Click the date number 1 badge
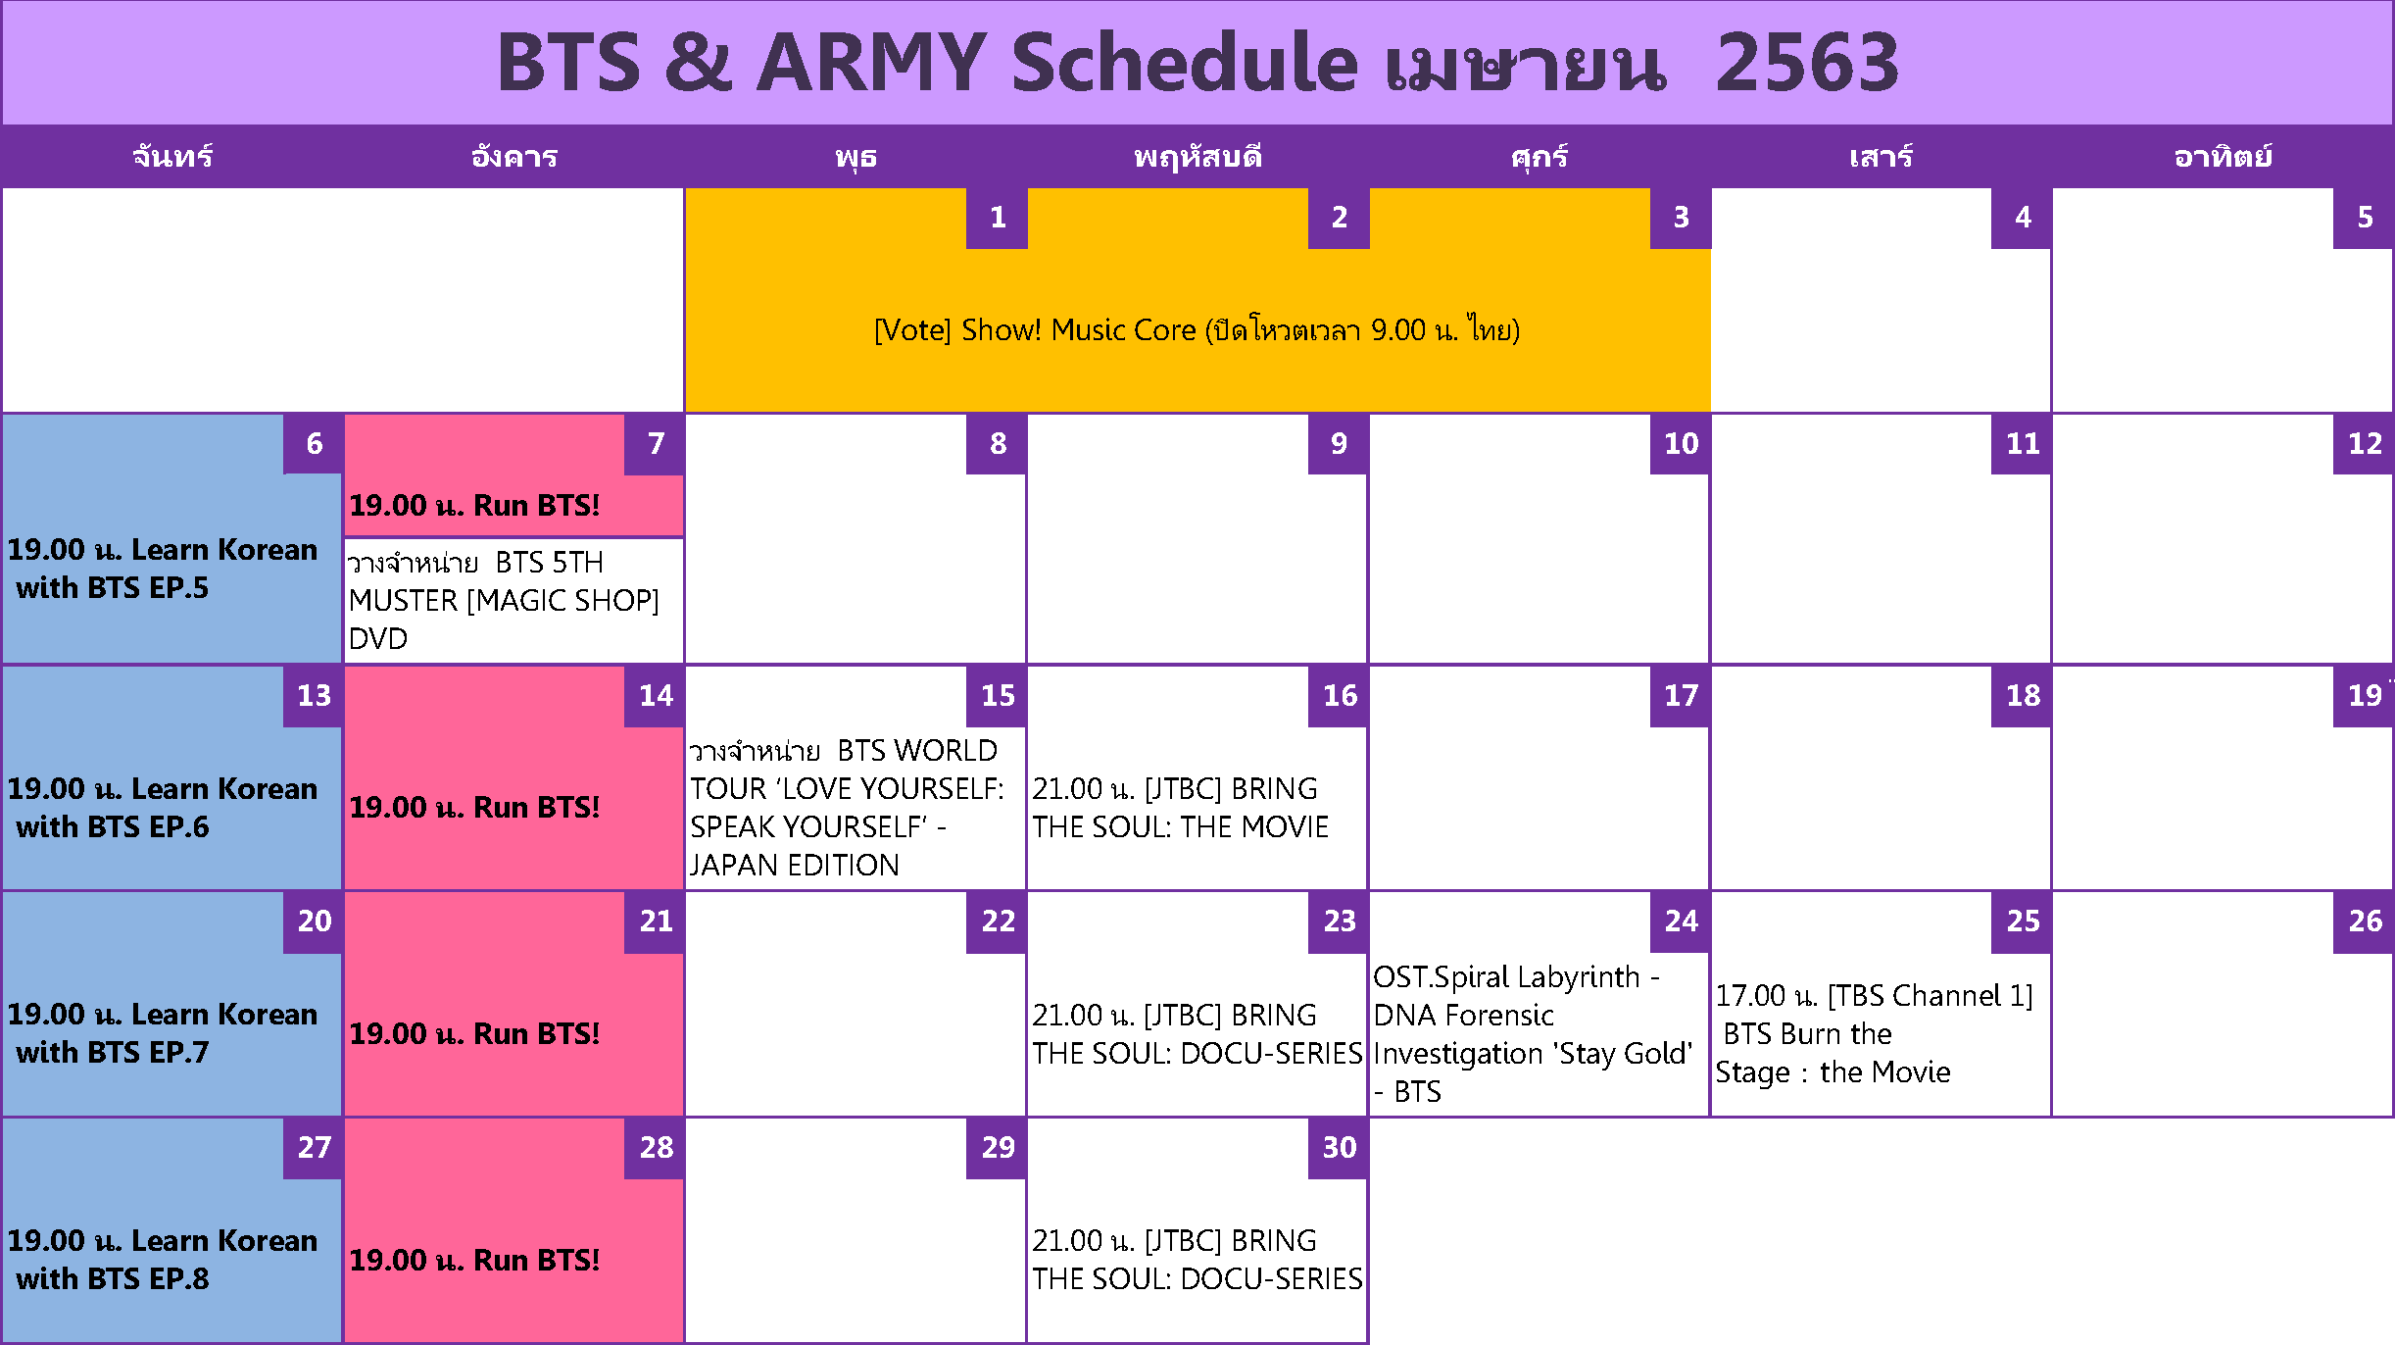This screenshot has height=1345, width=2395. pos(997,218)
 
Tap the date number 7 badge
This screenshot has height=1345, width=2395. pos(655,444)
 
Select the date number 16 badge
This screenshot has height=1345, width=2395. pos(1339,696)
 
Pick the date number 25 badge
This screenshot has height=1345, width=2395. pos(2022,922)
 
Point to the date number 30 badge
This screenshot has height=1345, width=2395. pos(1339,1148)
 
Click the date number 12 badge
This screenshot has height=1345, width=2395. pos(2364,444)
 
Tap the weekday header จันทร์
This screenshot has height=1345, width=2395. pos(172,157)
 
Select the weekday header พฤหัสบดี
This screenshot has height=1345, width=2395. pos(1197,157)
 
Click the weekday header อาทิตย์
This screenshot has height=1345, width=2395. pos(2223,157)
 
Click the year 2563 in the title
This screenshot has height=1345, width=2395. pos(1807,63)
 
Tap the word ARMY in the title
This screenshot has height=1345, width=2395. pos(870,63)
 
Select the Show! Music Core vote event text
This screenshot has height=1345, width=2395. pos(1197,330)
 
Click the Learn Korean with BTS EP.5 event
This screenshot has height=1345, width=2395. pos(162,569)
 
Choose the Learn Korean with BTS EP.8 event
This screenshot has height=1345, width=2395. pos(162,1260)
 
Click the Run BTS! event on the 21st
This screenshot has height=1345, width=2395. pos(474,1034)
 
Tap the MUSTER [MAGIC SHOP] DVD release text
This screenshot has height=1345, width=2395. pos(504,600)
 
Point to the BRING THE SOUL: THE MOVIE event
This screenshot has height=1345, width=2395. pos(1180,808)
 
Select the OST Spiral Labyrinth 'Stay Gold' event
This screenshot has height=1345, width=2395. pos(1533,1034)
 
